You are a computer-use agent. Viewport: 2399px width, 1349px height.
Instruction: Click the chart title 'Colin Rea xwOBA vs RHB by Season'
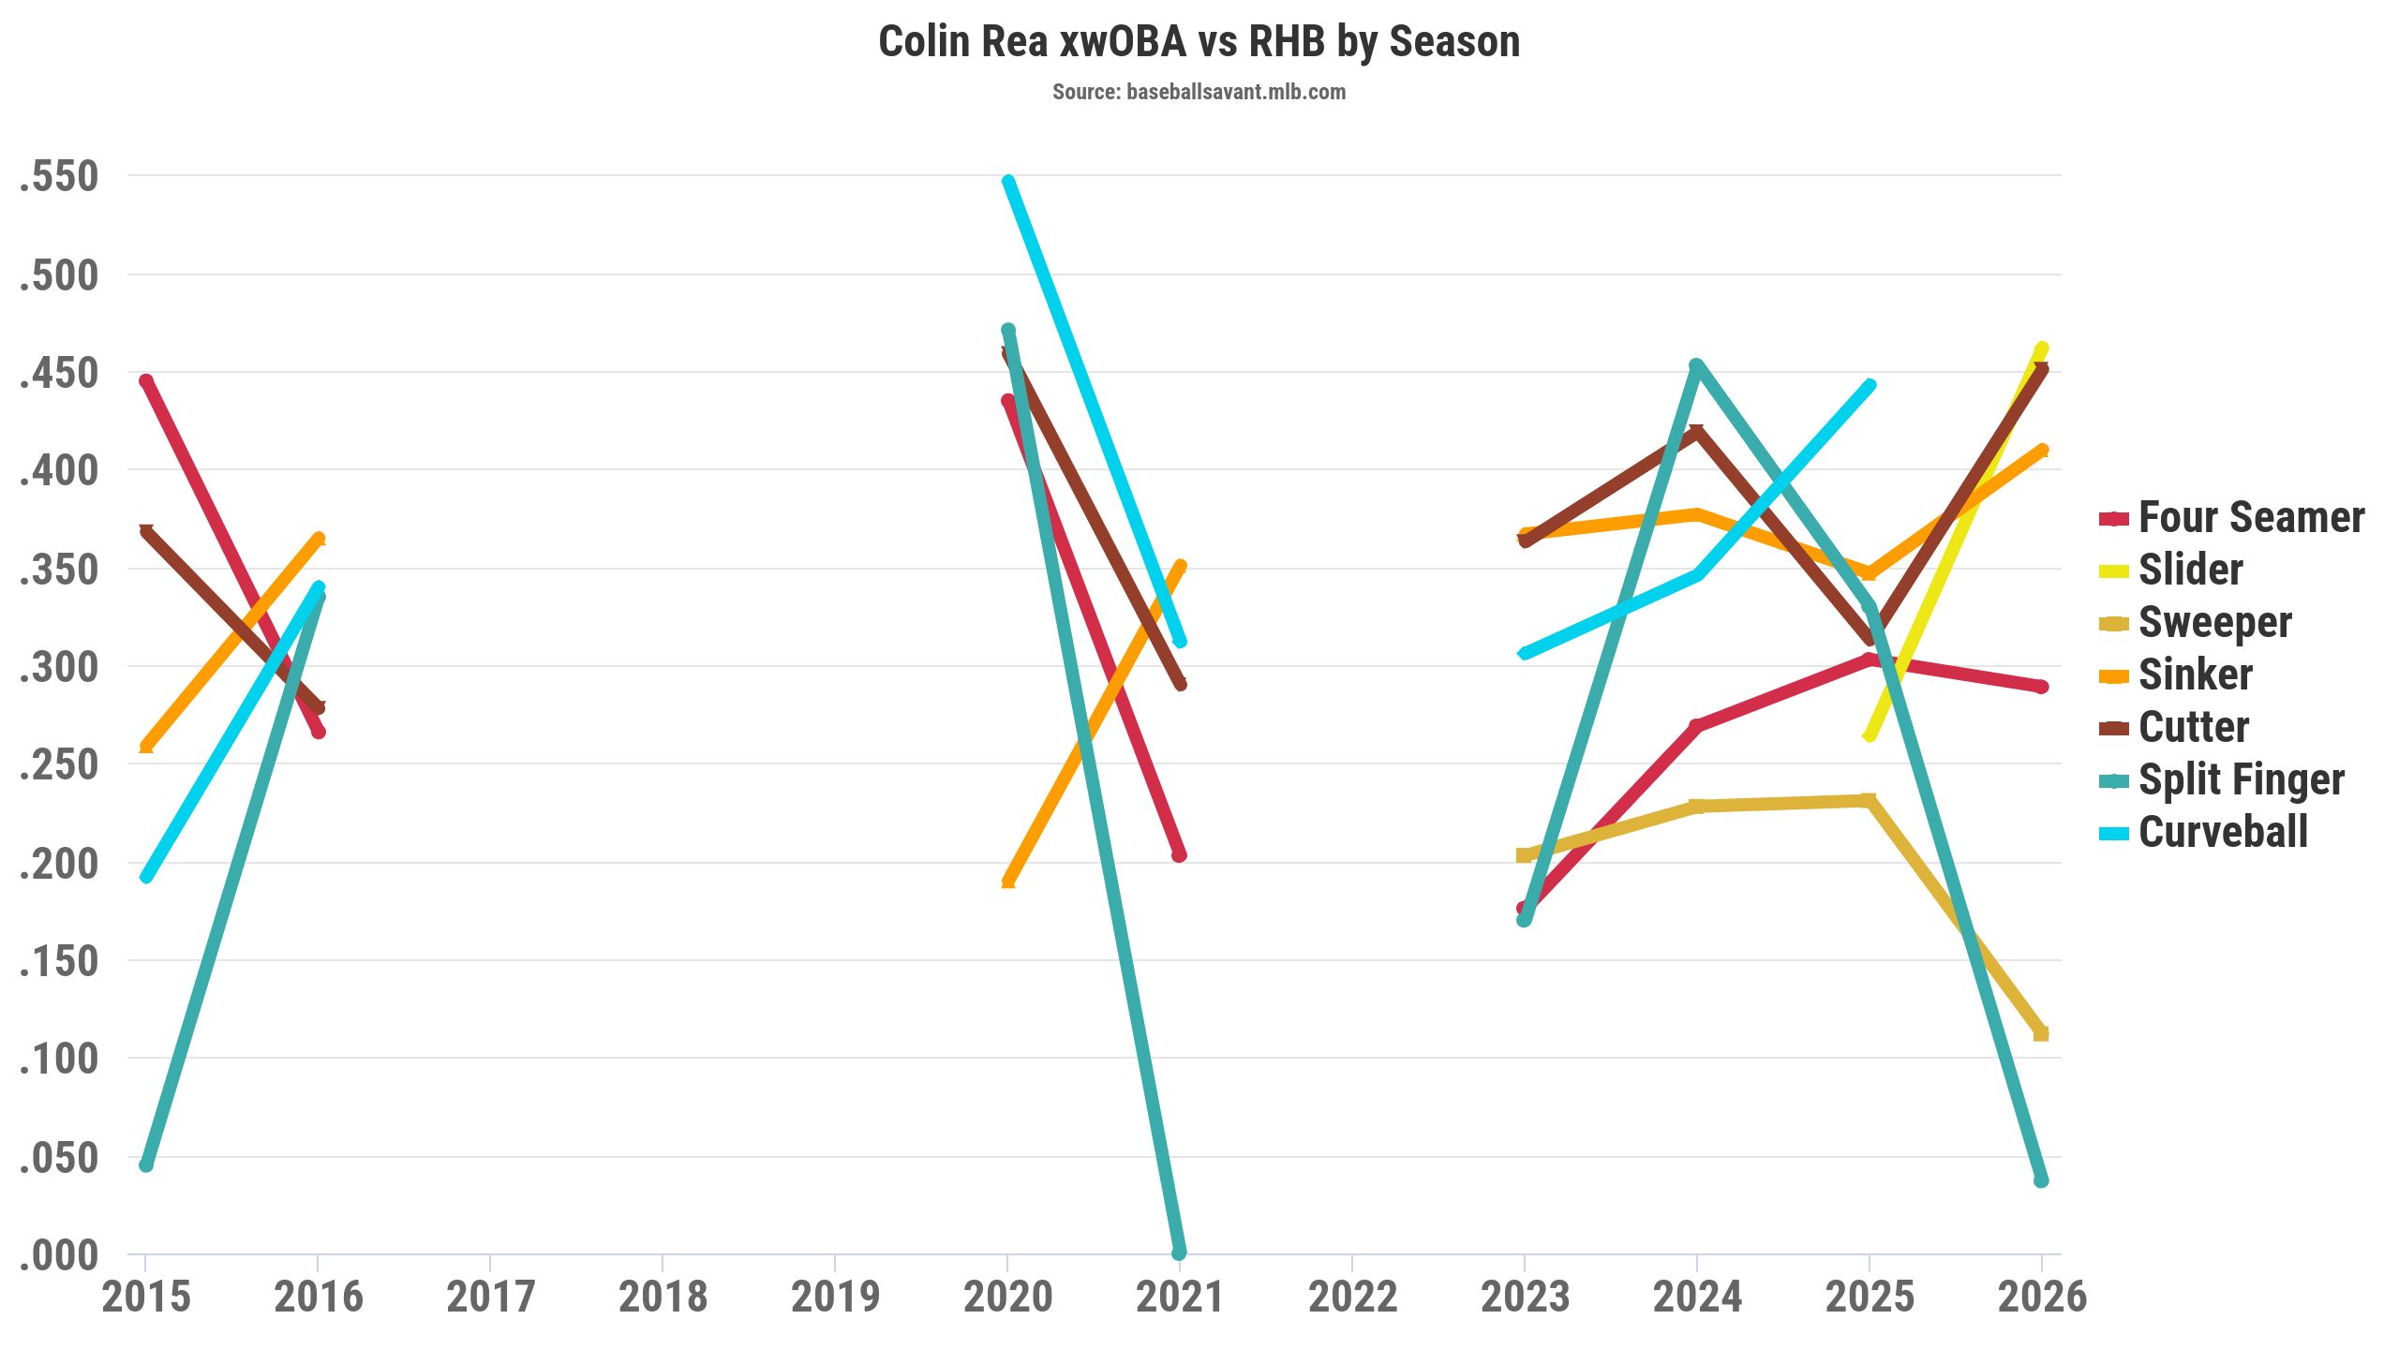click(1199, 42)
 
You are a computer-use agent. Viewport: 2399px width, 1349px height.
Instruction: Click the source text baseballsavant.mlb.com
click(1199, 92)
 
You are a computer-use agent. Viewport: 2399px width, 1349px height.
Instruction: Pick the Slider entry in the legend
click(2190, 571)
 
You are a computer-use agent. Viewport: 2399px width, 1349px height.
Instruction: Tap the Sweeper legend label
click(2214, 623)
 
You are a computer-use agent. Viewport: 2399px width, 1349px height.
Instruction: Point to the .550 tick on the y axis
click(59, 176)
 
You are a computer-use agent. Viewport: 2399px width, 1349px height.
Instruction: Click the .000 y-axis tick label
click(59, 1255)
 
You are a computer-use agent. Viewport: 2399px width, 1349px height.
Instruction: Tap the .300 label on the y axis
click(59, 667)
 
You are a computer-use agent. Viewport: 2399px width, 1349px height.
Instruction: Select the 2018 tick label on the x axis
click(663, 1297)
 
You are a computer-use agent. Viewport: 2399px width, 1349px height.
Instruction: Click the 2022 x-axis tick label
click(1352, 1297)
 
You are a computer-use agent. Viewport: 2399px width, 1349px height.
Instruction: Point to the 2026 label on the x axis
click(2042, 1297)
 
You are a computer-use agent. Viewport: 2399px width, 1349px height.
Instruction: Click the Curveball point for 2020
click(1008, 182)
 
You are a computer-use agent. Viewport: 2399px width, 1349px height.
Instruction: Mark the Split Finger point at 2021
click(1179, 1253)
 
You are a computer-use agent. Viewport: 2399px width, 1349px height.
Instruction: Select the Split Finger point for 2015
click(146, 1164)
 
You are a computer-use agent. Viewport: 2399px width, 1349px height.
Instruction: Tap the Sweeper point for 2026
click(2041, 1033)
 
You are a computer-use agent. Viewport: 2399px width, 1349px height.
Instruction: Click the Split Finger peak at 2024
click(1696, 365)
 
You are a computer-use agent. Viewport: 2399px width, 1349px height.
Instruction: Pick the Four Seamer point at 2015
click(146, 381)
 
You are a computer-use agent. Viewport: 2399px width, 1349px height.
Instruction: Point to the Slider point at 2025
click(1870, 735)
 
